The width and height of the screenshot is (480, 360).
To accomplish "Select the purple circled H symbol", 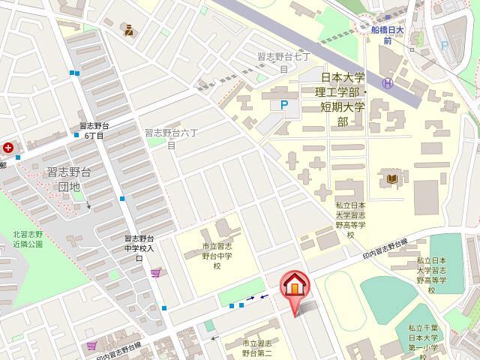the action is pos(387,83).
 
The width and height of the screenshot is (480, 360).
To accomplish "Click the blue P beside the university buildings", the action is pos(283,106).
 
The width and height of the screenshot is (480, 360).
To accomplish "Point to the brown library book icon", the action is pos(393,179).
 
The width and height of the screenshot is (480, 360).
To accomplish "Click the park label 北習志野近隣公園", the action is pos(30,238).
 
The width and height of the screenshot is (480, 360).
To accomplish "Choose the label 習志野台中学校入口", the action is pos(139,248).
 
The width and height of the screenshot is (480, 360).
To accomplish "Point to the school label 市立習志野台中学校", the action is pos(217,256).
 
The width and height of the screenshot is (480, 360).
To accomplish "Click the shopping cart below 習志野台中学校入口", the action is pos(155,273).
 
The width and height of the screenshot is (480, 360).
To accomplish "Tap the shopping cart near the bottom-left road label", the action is pos(91,345).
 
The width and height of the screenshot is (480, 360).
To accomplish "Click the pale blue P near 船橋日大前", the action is pos(445,46).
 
